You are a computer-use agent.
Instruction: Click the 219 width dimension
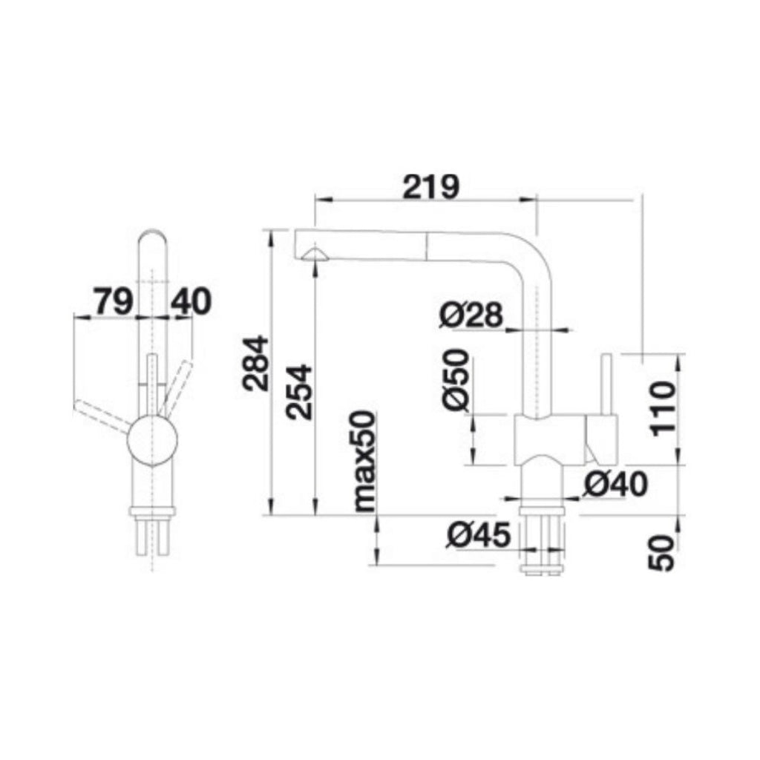point(430,186)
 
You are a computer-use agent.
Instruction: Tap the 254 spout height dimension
point(299,393)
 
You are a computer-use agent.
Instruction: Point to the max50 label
point(364,462)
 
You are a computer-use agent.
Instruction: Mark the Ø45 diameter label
point(479,534)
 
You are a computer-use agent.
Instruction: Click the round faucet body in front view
point(153,439)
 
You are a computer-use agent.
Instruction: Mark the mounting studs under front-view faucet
point(154,538)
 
